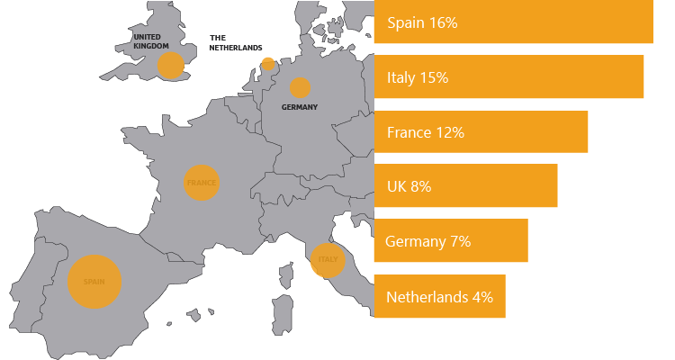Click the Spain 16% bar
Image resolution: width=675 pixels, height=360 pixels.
tap(513, 22)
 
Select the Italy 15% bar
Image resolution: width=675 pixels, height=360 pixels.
tap(508, 76)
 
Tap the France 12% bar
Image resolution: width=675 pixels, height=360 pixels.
tap(481, 131)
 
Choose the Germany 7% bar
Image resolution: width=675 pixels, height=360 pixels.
tap(450, 240)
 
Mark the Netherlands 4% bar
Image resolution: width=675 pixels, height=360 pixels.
tap(439, 296)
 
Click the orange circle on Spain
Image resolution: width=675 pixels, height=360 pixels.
tap(94, 282)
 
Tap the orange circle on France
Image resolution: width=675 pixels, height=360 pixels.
tap(201, 183)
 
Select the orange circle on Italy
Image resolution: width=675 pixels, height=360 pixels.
tap(328, 260)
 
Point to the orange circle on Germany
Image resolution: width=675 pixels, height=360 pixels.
tap(300, 87)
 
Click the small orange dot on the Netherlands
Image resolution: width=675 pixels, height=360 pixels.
tap(267, 64)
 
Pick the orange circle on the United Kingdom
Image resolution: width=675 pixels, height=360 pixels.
tap(170, 65)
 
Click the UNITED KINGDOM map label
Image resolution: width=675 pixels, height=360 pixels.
tap(150, 40)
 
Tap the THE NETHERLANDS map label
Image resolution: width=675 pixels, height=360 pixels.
tap(235, 42)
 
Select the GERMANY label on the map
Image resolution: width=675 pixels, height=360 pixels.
tap(300, 107)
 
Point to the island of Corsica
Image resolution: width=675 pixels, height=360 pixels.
tap(287, 272)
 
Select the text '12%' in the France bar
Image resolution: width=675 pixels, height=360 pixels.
tap(448, 132)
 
